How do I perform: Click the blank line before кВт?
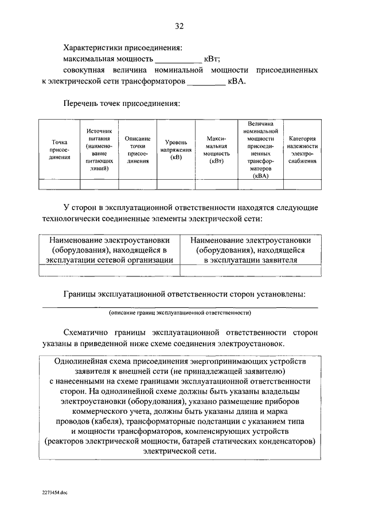click(179, 60)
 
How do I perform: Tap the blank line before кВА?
click(206, 82)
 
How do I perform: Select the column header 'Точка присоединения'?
click(59, 150)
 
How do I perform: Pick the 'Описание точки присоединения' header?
click(138, 150)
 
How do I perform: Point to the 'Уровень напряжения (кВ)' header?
click(176, 150)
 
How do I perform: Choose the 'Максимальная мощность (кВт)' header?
click(216, 150)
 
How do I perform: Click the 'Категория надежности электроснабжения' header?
click(302, 150)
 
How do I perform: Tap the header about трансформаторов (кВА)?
click(260, 150)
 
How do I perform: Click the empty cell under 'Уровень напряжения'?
click(176, 184)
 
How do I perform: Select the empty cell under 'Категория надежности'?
click(302, 184)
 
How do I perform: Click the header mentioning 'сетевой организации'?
click(110, 250)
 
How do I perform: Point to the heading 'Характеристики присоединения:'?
click(124, 48)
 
